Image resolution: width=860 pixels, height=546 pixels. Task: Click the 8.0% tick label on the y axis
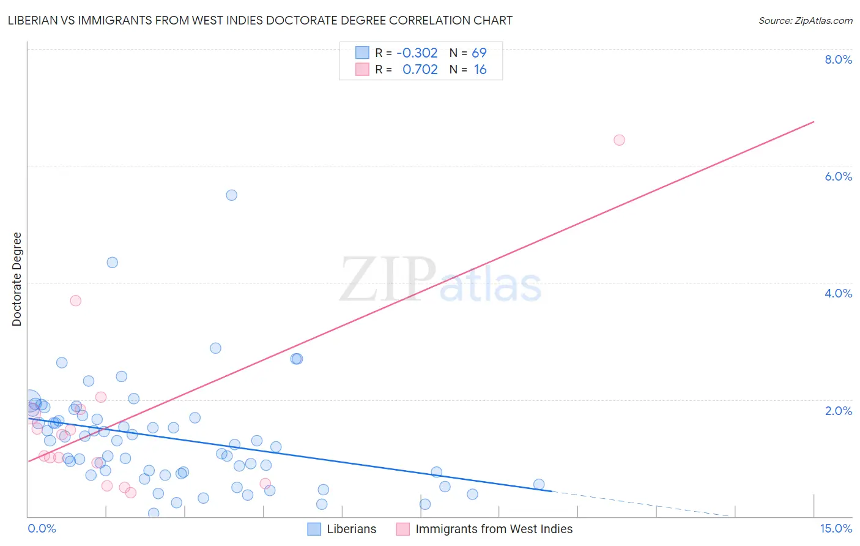tap(838, 59)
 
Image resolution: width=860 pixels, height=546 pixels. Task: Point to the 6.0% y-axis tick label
tap(838, 176)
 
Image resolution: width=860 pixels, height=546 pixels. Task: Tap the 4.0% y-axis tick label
tap(838, 293)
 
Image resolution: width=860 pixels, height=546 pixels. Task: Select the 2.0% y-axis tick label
tap(838, 411)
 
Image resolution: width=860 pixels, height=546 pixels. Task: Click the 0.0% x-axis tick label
tap(42, 529)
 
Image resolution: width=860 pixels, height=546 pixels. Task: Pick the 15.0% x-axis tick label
tap(836, 529)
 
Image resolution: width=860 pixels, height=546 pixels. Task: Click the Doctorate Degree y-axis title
tap(17, 279)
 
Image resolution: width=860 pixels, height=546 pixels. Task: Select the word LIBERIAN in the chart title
tap(35, 20)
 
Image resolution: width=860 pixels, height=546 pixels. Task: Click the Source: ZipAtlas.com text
tap(805, 20)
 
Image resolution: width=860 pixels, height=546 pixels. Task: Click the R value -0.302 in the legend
tap(417, 53)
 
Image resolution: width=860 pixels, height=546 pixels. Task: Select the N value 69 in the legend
tap(479, 53)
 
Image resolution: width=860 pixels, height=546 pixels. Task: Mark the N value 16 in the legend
tap(480, 70)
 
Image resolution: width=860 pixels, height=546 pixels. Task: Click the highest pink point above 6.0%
tap(619, 140)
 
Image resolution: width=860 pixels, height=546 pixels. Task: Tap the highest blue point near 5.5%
tap(231, 195)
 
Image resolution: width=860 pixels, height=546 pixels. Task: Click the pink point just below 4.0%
tap(76, 301)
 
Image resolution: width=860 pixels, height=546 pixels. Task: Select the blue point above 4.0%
tap(113, 263)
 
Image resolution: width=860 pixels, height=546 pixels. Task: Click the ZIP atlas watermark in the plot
tap(440, 280)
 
